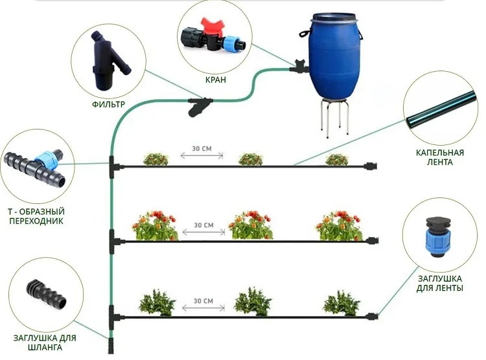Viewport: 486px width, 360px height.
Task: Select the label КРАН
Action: click(216, 80)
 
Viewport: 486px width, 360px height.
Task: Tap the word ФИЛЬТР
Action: click(108, 104)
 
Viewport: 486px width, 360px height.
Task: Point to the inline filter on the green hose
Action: click(200, 106)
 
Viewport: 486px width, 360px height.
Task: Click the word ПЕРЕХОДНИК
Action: click(36, 221)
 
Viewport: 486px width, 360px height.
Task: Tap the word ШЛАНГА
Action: click(45, 347)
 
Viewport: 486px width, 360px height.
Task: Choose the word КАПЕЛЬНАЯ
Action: click(440, 153)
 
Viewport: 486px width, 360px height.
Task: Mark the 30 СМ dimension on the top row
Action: click(202, 152)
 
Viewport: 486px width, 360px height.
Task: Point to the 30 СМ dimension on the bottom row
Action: click(203, 304)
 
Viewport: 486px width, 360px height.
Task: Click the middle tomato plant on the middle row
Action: click(251, 225)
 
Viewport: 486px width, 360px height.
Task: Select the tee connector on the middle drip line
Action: click(114, 242)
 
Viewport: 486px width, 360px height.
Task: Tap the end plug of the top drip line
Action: click(371, 166)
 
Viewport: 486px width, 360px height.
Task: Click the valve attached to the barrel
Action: click(300, 65)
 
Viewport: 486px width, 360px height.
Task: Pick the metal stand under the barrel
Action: click(335, 117)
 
